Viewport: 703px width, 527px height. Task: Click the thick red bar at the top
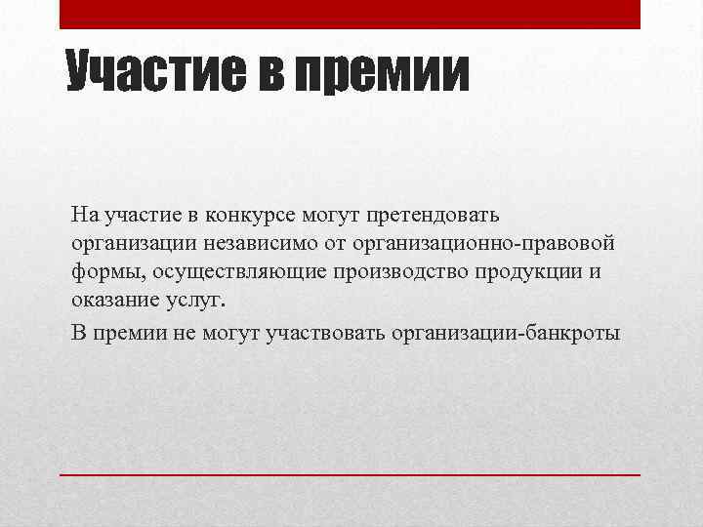pyautogui.click(x=350, y=14)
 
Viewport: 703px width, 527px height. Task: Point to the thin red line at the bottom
pyautogui.click(x=350, y=473)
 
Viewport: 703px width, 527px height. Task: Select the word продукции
pyautogui.click(x=530, y=271)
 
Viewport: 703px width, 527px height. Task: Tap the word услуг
pyautogui.click(x=198, y=301)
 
